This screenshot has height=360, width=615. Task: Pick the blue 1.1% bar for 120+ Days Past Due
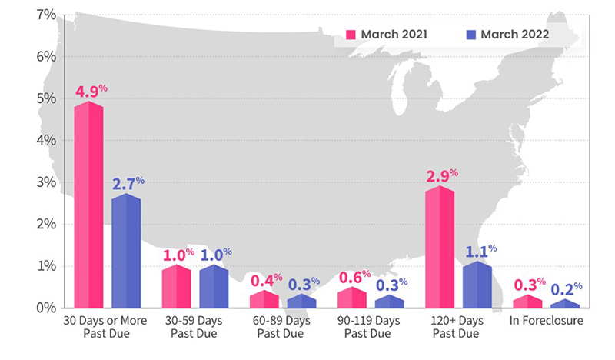point(477,286)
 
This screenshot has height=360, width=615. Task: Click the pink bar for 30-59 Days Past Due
point(176,288)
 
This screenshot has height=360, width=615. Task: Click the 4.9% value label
point(91,92)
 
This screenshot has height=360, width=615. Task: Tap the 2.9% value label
point(440,176)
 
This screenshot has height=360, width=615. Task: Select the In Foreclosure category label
point(547,321)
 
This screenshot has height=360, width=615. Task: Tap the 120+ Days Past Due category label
point(458,328)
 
